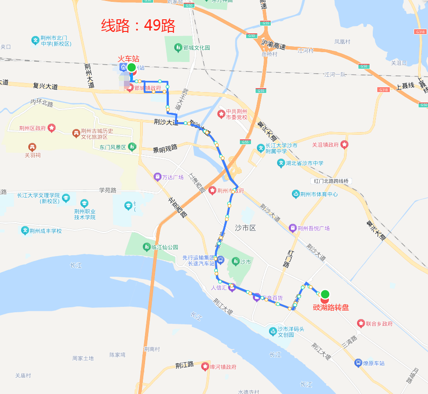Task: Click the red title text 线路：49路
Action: tap(138, 26)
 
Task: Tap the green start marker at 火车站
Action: tap(131, 68)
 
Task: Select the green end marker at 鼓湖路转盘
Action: tap(325, 294)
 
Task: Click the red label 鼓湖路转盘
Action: tap(331, 308)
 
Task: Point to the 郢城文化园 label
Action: tap(197, 48)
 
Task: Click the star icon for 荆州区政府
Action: tap(52, 128)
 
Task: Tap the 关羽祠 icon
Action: tap(32, 147)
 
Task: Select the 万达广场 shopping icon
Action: tap(158, 177)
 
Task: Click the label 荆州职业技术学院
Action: tap(85, 214)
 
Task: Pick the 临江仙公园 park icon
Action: tap(146, 247)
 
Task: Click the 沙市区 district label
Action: tap(245, 228)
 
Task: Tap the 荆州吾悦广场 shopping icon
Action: tap(292, 228)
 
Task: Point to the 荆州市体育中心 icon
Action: tap(296, 194)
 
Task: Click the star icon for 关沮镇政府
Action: tap(344, 145)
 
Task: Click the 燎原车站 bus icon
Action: tap(358, 363)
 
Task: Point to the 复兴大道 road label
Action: tap(45, 85)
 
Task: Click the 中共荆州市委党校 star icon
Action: tap(221, 114)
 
